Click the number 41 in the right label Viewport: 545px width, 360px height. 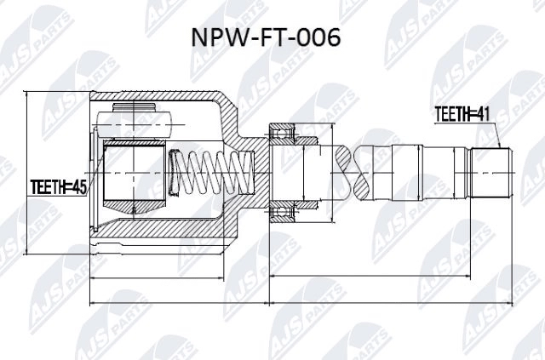[485, 114]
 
